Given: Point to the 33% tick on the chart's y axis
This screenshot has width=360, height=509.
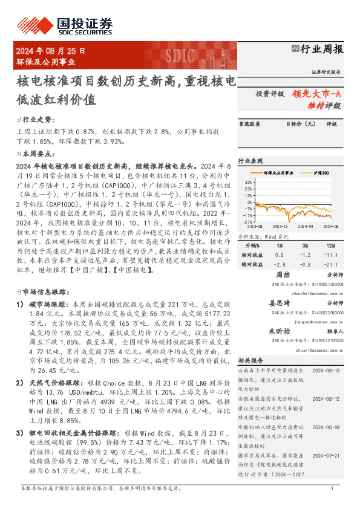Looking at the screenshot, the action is coord(249,182).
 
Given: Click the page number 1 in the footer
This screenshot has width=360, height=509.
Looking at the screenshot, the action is coord(332,487).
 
